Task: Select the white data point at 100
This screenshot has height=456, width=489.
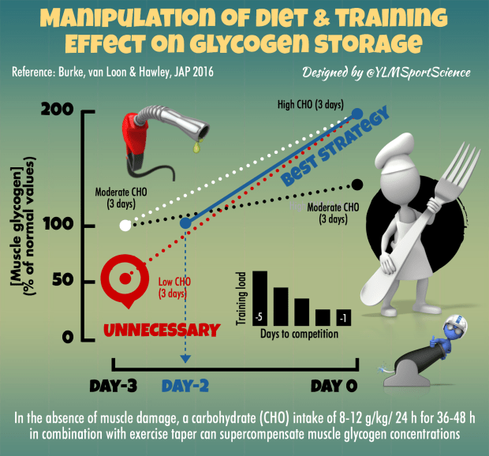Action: click(125, 226)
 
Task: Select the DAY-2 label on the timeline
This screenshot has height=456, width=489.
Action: click(185, 387)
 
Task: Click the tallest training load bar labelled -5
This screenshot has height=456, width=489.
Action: click(259, 298)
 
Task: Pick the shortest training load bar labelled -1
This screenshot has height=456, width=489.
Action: click(343, 317)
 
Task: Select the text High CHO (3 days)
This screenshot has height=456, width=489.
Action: click(306, 103)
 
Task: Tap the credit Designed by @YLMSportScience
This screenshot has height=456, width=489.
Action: click(386, 73)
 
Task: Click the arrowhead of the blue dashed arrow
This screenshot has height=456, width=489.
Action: click(185, 361)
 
